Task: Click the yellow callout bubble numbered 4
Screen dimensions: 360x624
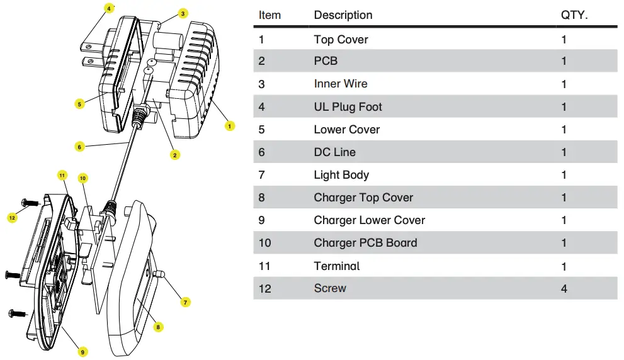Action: (108, 9)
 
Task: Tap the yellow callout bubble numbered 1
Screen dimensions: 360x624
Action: (230, 126)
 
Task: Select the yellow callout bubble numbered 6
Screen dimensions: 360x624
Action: (79, 147)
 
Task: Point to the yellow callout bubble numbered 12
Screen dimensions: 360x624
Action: (12, 217)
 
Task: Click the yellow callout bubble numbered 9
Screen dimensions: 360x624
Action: (82, 352)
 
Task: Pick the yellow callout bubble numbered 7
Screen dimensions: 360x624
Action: (185, 302)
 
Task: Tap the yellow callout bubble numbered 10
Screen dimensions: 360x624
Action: (82, 178)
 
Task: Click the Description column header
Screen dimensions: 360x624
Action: (343, 15)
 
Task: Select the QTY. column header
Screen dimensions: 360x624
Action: (574, 15)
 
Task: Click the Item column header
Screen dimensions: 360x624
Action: (269, 15)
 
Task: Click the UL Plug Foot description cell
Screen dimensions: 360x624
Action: (348, 107)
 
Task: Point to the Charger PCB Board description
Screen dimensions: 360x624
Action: (365, 243)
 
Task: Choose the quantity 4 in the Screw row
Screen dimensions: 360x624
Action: (564, 288)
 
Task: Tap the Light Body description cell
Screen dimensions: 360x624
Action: (341, 175)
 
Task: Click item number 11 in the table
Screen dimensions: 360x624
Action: (264, 266)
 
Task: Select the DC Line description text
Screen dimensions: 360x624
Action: (334, 152)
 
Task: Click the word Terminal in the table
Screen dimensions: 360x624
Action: (337, 266)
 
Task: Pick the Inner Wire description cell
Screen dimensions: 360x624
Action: (341, 84)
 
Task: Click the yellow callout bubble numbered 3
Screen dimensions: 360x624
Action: (183, 13)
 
